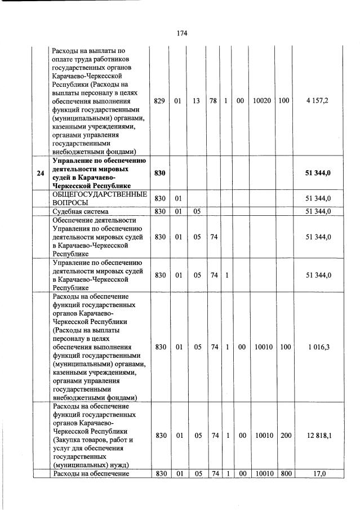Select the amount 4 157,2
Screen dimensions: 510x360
click(317, 100)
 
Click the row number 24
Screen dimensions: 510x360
click(40, 173)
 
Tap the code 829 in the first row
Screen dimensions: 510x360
click(160, 100)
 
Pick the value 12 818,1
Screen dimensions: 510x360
click(317, 436)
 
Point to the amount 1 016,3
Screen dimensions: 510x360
click(317, 347)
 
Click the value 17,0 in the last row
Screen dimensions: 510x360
click(318, 474)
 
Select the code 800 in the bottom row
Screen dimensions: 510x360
click(286, 474)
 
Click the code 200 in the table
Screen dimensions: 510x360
click(286, 436)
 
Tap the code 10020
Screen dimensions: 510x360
click(262, 100)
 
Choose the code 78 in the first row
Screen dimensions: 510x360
click(214, 100)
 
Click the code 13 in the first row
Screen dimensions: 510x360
click(197, 100)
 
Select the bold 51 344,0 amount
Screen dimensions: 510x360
click(317, 173)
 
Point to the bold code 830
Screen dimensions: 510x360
click(160, 173)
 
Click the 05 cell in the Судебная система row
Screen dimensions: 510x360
click(197, 211)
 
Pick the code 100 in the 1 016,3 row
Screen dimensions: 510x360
click(286, 347)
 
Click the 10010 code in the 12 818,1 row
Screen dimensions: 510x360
click(262, 436)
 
